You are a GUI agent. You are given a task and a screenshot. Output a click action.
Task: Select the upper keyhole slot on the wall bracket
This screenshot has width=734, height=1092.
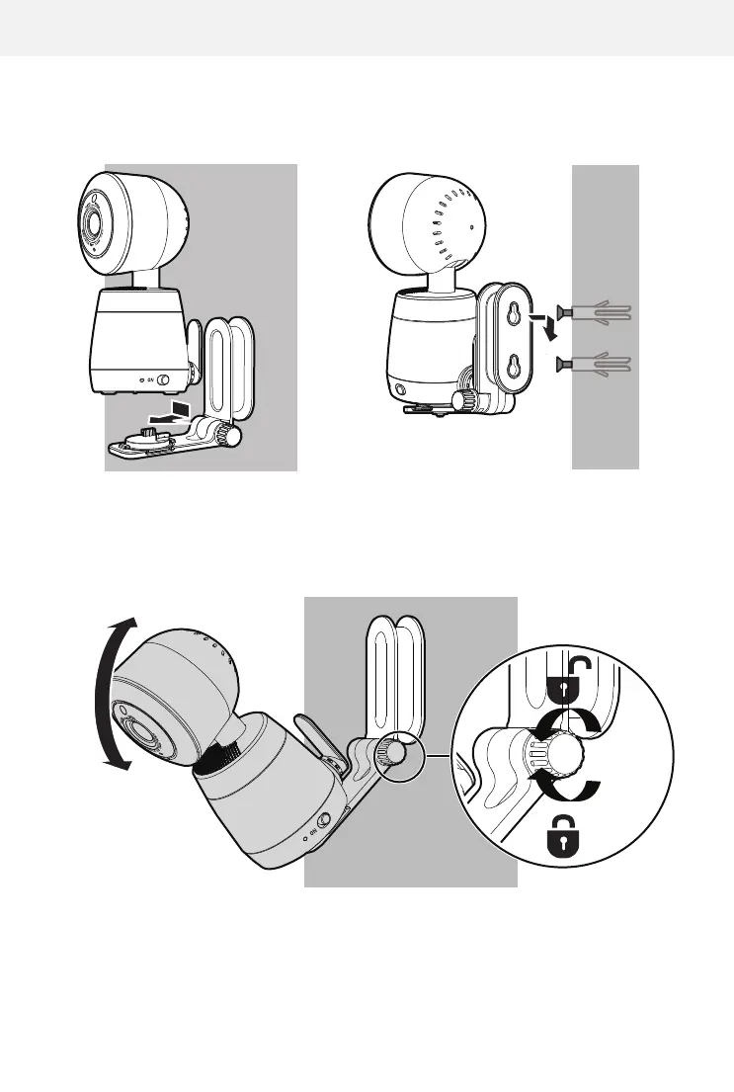pyautogui.click(x=513, y=313)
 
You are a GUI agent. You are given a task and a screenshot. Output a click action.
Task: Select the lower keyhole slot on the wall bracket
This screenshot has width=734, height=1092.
pyautogui.click(x=513, y=369)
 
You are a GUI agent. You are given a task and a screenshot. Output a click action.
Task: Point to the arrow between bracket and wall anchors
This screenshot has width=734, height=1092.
pyautogui.click(x=541, y=329)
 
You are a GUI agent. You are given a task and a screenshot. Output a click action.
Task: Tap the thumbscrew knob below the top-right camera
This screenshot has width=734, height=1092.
pyautogui.click(x=462, y=401)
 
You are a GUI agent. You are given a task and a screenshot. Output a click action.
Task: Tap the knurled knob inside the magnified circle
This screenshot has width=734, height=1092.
pyautogui.click(x=564, y=757)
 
